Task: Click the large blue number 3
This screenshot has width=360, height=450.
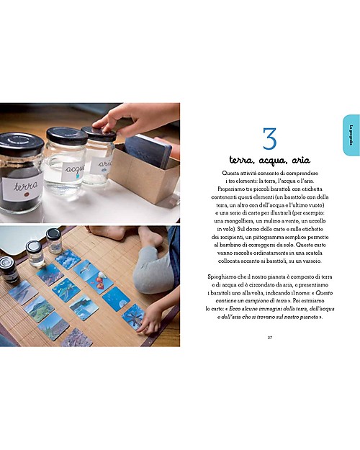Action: [x=269, y=139]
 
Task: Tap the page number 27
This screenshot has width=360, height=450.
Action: [x=269, y=336]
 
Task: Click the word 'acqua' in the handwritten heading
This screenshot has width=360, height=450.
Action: [x=269, y=161]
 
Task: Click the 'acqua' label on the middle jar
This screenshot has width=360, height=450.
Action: [x=73, y=170]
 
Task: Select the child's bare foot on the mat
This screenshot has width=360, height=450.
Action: [x=148, y=238]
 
